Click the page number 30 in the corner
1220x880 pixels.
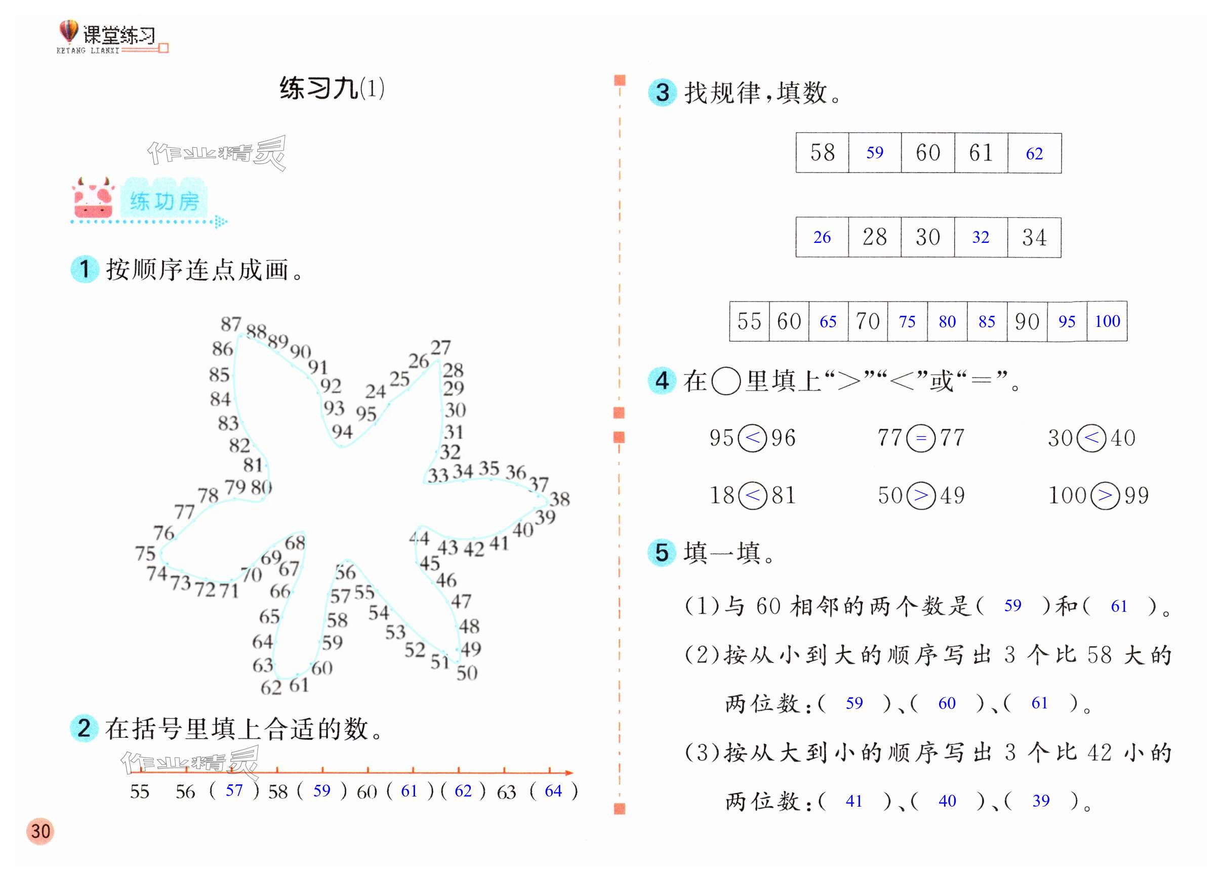(40, 831)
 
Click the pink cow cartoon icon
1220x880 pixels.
(93, 198)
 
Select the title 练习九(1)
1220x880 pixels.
(332, 89)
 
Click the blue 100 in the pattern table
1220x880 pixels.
(1107, 321)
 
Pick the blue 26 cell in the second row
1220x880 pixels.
(822, 237)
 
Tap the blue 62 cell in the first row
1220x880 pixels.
(1034, 154)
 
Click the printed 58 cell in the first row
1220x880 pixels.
(822, 153)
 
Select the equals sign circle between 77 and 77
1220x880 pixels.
(920, 438)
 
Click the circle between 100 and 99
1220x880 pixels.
(1105, 495)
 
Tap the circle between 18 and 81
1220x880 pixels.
(753, 495)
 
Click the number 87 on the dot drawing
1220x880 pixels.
(231, 324)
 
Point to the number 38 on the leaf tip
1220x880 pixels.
(559, 499)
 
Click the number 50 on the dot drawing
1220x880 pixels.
(466, 673)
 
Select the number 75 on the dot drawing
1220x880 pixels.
(145, 553)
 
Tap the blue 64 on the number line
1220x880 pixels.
(553, 791)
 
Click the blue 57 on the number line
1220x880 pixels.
(233, 791)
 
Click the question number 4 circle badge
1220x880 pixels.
(662, 381)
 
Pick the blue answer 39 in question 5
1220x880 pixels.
(1040, 801)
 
